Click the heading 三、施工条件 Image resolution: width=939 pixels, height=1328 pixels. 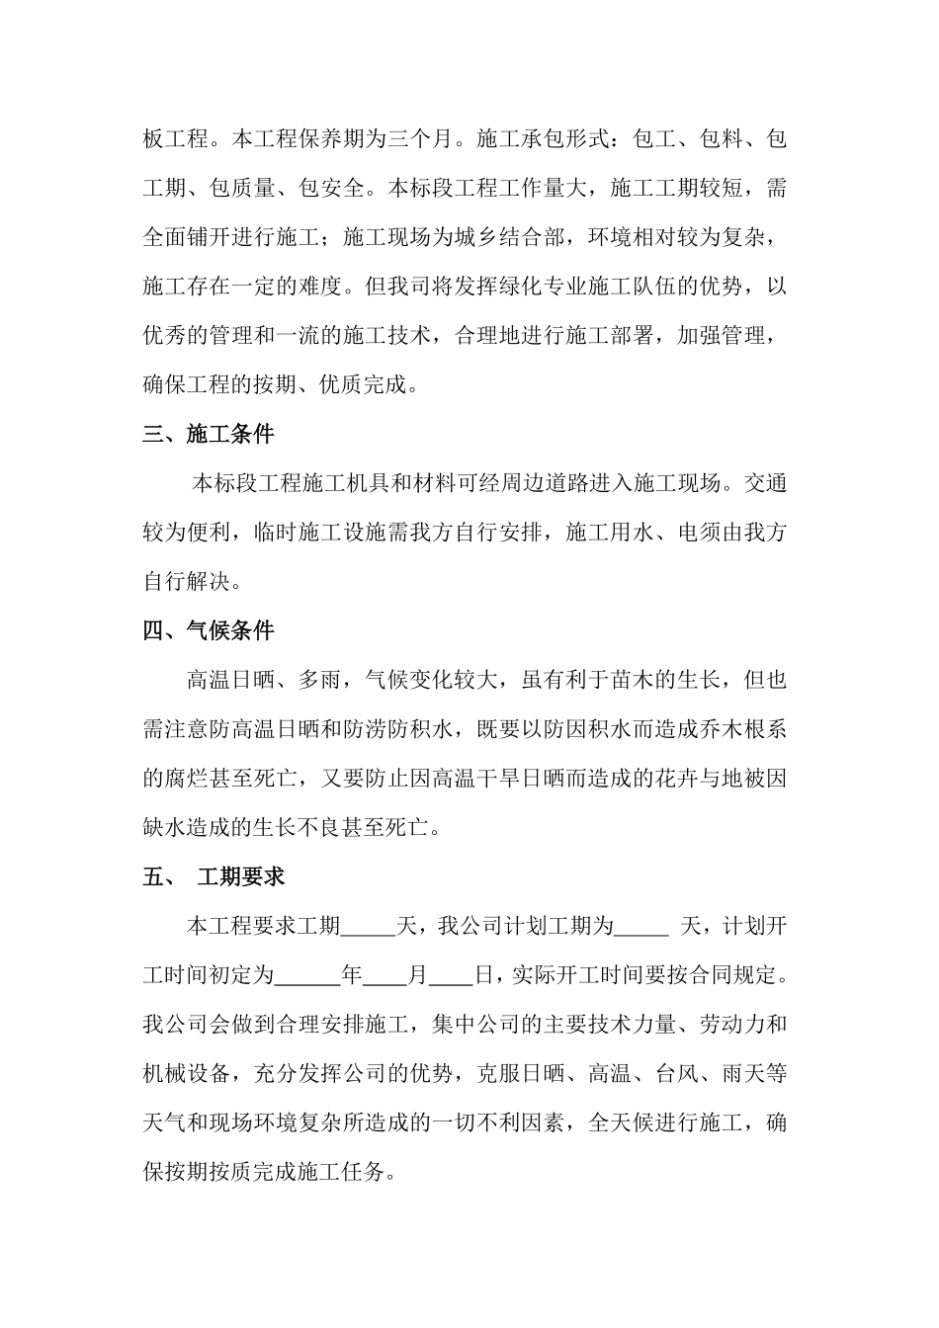[209, 434]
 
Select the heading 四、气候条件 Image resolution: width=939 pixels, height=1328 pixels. [209, 630]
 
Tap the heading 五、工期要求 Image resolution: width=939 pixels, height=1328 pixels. [214, 876]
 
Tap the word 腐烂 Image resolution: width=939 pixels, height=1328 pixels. [187, 779]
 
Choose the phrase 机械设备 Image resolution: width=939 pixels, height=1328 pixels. [187, 1073]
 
